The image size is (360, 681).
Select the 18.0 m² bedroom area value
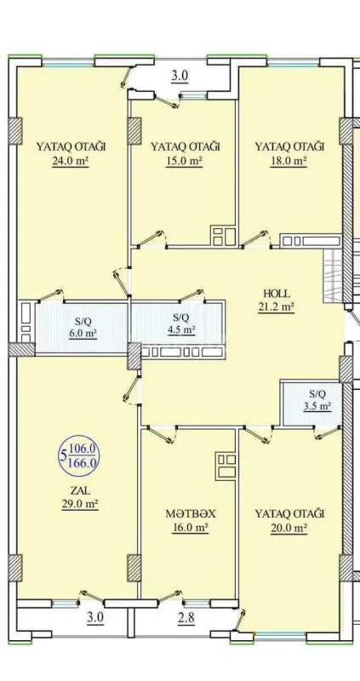click(289, 160)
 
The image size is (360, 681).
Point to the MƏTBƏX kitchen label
click(188, 514)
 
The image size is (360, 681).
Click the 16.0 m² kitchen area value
click(188, 529)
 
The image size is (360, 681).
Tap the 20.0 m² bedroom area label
click(289, 529)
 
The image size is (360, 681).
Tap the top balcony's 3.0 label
click(180, 76)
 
